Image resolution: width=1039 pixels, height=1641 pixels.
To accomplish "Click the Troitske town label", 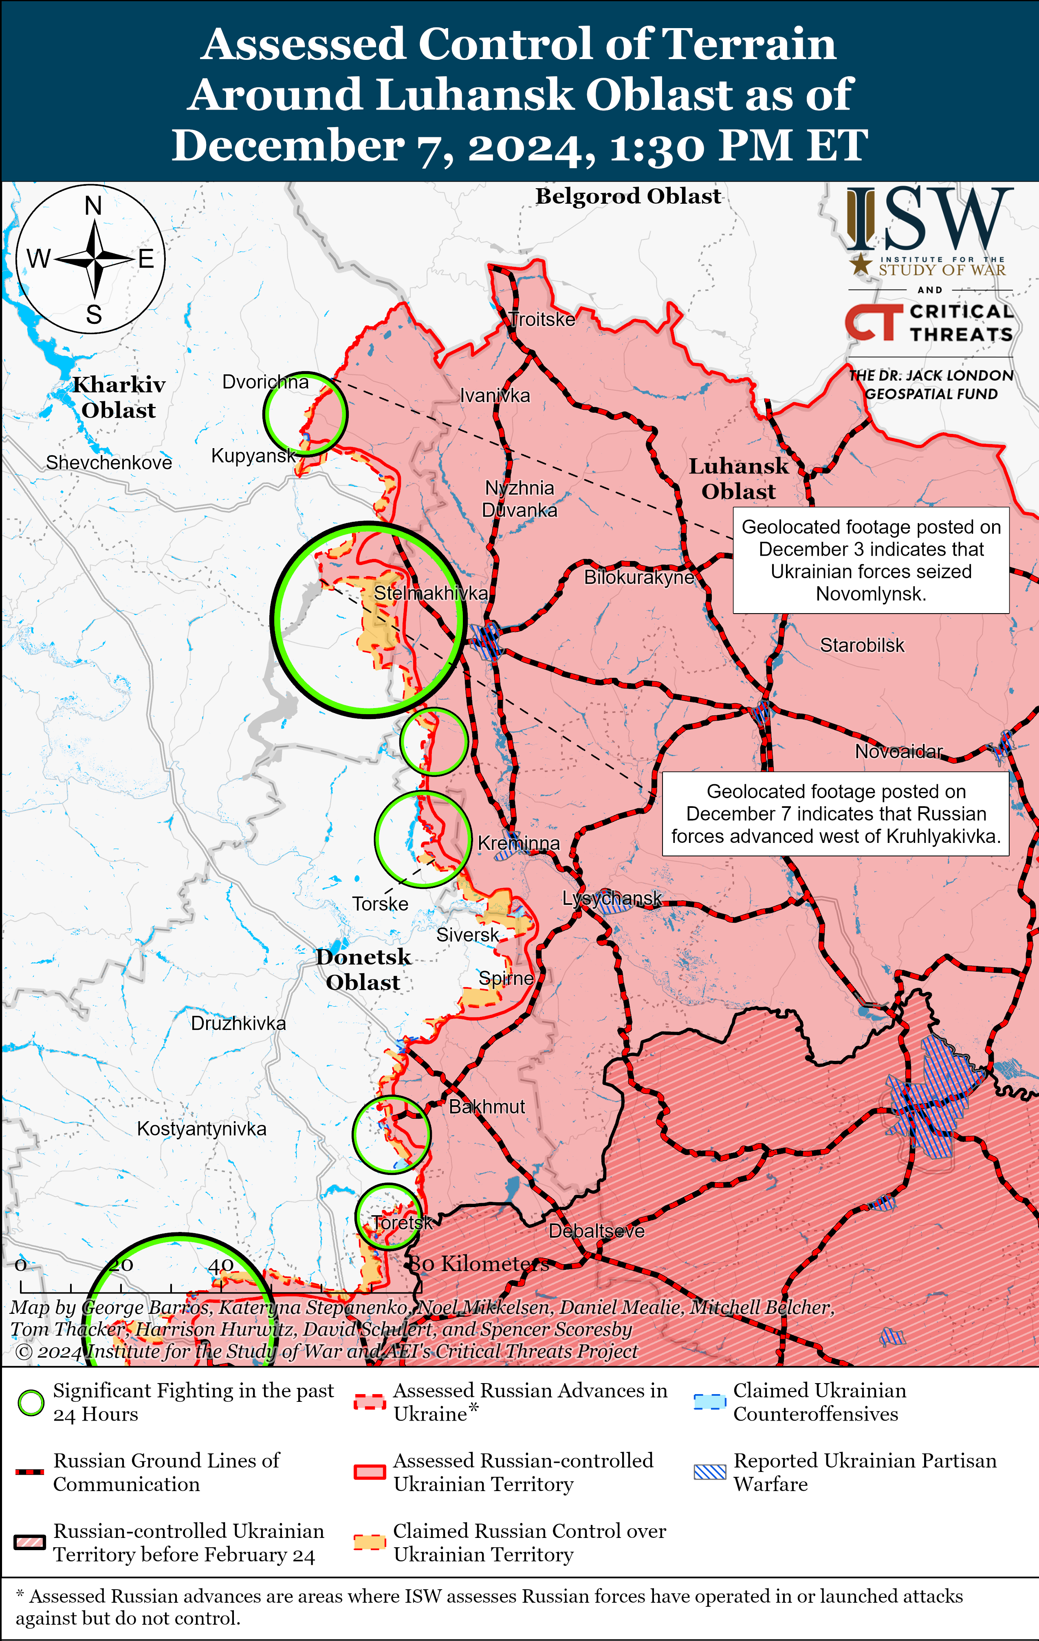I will (542, 320).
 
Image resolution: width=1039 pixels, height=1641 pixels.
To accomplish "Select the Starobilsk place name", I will (862, 645).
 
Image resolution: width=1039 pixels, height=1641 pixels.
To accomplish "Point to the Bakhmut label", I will (487, 1107).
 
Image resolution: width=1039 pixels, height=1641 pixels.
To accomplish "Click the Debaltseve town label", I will (597, 1231).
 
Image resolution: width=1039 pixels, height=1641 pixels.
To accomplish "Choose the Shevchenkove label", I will (109, 463).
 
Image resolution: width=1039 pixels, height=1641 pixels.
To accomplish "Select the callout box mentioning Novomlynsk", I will (871, 560).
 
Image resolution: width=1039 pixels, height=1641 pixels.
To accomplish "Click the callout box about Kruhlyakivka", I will (835, 814).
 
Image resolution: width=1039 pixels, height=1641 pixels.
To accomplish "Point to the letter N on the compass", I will (93, 205).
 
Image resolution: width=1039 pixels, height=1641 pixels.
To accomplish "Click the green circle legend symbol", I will (31, 1403).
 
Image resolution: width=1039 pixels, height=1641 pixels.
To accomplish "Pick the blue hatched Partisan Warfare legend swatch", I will (709, 1472).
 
